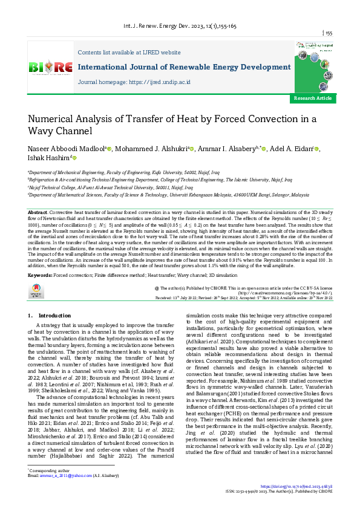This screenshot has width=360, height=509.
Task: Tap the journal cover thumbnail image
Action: point(313,62)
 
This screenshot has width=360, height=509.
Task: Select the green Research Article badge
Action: point(312,97)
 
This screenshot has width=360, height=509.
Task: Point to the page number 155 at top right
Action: point(329,33)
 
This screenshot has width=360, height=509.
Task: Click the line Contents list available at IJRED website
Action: point(129,53)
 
